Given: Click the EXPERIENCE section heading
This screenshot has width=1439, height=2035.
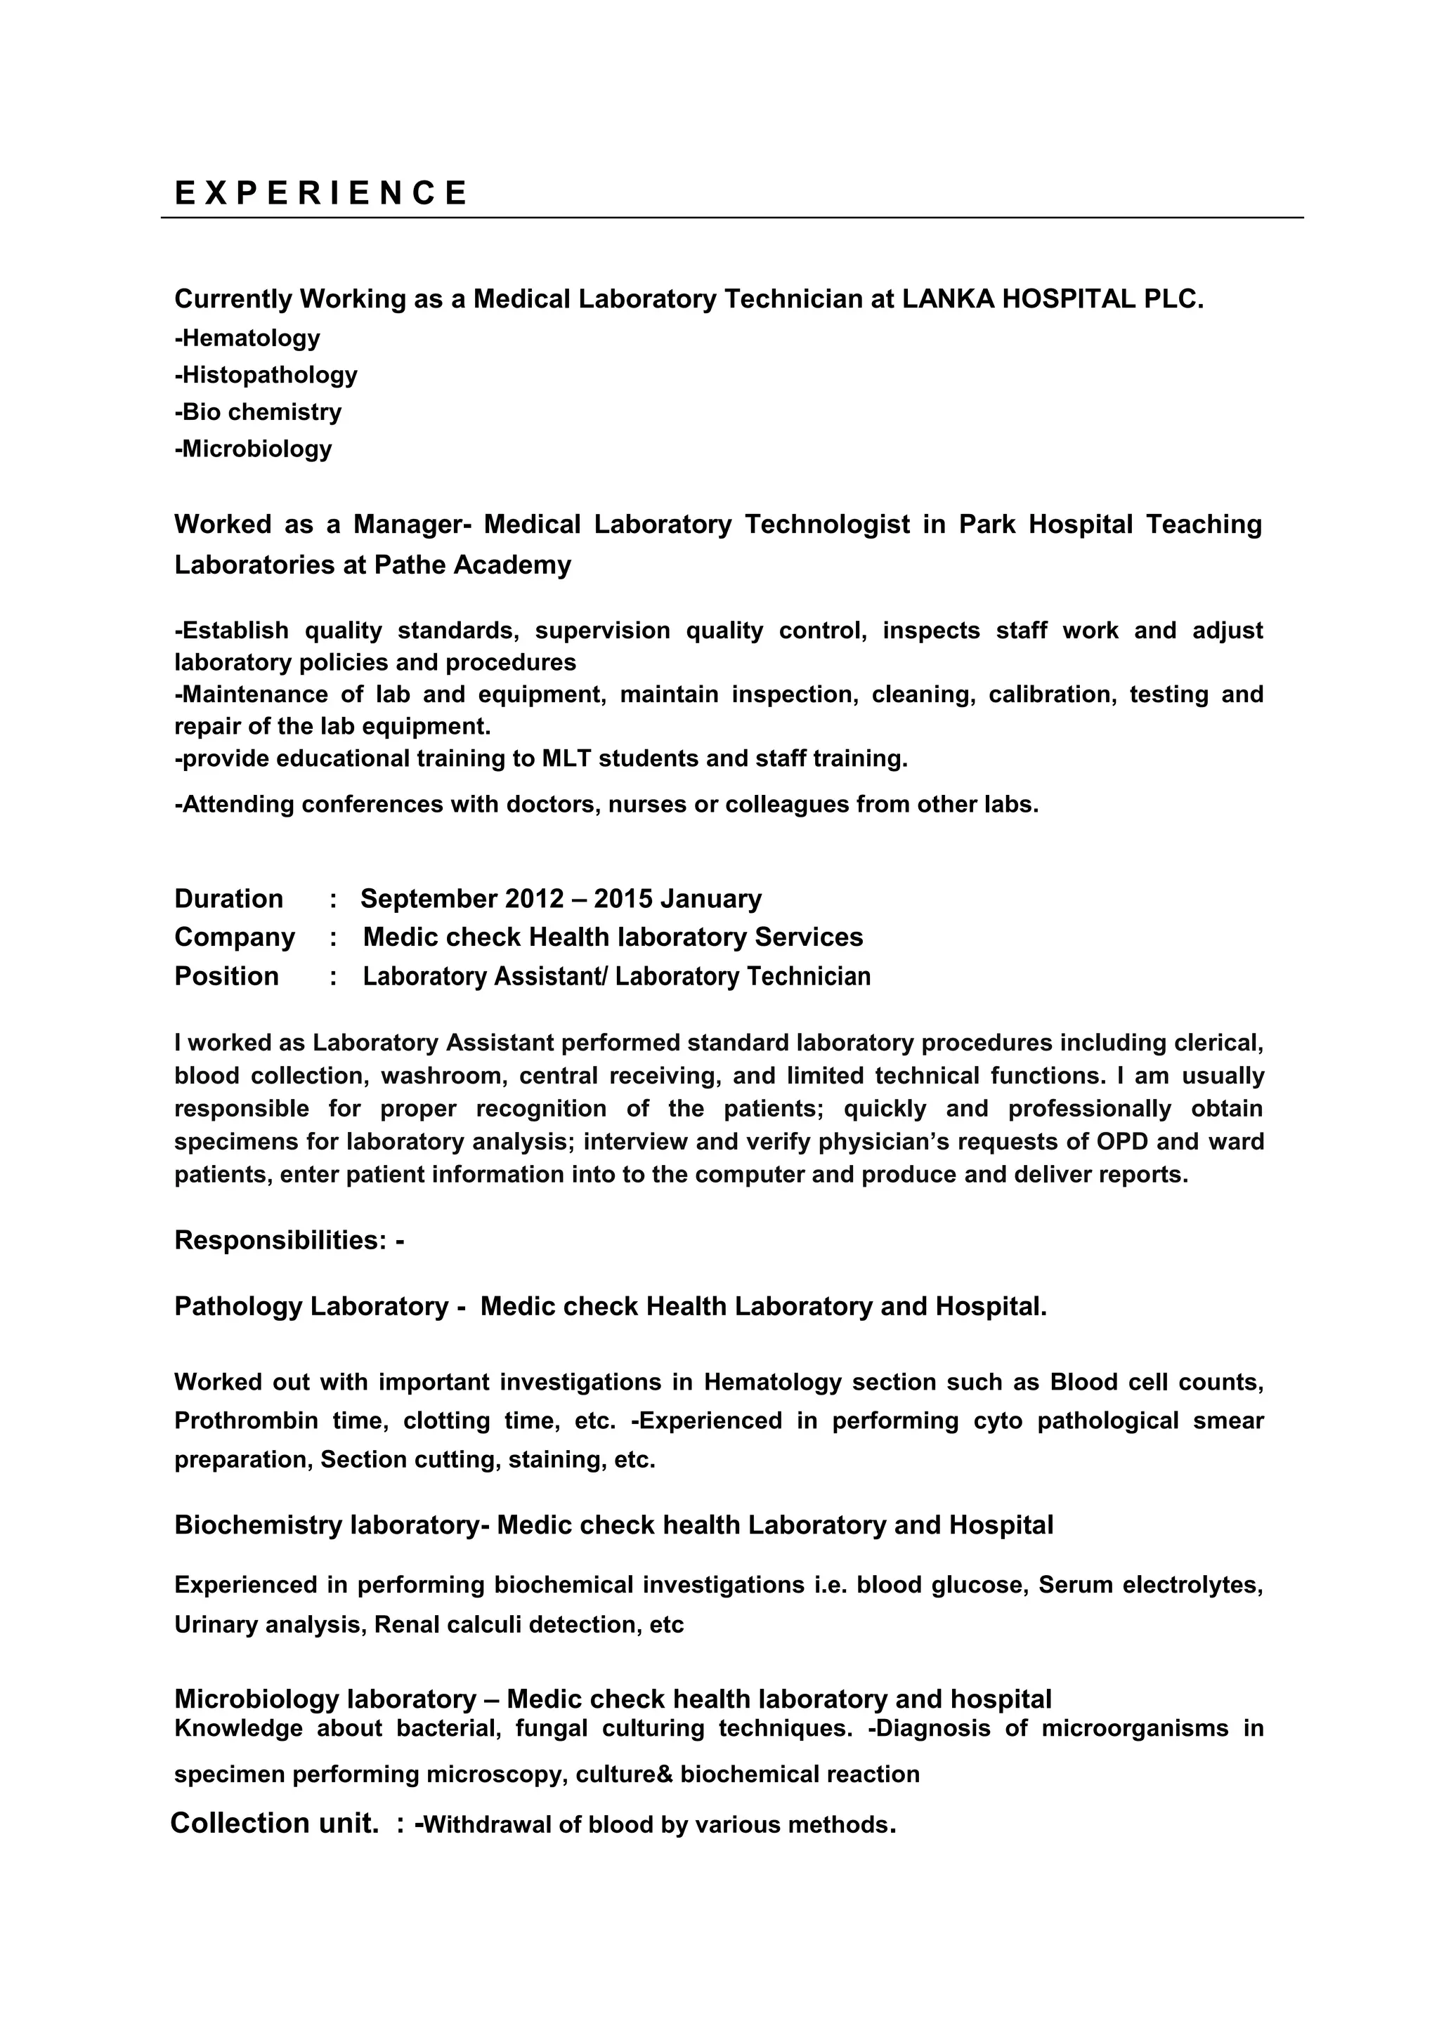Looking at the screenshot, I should pos(320,192).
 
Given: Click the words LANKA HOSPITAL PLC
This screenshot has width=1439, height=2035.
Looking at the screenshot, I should pos(1053,300).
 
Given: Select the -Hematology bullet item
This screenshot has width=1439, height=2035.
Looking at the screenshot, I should pos(247,338).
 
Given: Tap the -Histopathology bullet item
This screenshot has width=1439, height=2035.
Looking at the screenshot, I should pos(266,375).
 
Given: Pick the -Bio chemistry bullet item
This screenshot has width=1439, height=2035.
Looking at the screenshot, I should pos(258,412).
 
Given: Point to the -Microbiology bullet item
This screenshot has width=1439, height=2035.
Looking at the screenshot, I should pos(254,449).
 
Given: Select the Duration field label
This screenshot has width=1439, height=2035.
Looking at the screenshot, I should pos(229,899).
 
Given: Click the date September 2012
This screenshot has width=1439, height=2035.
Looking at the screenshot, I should pos(462,899).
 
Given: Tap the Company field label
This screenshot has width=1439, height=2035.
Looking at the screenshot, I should pos(234,937).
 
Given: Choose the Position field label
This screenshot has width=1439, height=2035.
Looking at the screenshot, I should pos(226,976).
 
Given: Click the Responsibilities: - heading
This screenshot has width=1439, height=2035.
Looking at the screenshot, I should pos(289,1240).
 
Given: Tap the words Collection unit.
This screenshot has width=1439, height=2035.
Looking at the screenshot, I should pos(274,1823).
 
